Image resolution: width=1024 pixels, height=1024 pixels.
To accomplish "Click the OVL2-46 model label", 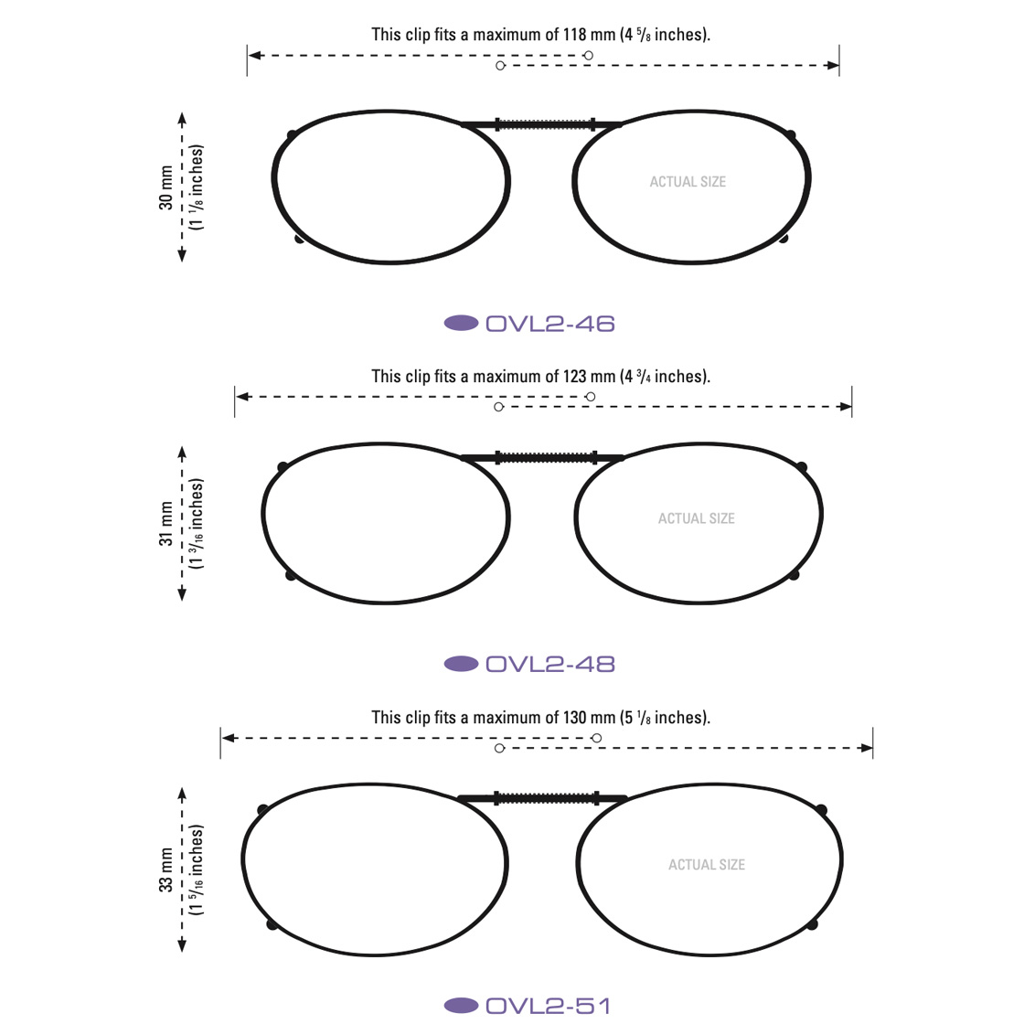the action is coord(549,324).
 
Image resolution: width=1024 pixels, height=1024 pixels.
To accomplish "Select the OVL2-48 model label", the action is coord(549,664).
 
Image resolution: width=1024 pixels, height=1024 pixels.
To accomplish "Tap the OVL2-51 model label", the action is coord(548,1006).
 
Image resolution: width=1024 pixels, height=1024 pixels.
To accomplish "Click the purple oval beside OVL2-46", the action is coord(461,323).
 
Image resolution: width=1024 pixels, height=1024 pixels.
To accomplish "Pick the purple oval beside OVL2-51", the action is coord(461,1006).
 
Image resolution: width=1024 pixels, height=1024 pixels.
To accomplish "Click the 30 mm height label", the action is coord(165,188).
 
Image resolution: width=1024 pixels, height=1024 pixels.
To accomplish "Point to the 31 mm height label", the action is coord(165,524).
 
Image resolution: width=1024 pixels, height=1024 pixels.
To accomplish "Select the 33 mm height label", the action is coord(165,869).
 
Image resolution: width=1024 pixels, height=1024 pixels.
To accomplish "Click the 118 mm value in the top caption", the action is coord(589,35).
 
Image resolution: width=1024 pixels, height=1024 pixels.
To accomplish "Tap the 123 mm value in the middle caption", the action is coord(589,377).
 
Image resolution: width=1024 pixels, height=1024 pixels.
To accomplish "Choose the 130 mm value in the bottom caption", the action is coord(589,718).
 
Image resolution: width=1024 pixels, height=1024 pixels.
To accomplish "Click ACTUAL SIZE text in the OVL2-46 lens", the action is coord(688,182).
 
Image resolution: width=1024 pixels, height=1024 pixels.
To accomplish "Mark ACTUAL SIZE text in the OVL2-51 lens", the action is coord(707,865).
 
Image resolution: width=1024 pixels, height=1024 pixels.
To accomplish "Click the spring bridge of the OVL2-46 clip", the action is coord(545,124).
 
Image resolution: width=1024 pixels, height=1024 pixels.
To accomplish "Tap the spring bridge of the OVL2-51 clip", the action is coord(548,798).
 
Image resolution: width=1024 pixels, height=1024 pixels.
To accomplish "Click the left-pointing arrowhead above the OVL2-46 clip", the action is coord(255,56).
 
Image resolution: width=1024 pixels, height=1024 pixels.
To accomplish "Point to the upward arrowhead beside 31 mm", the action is coord(182,452).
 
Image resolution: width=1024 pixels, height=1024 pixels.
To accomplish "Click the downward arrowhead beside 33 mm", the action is coord(182,945).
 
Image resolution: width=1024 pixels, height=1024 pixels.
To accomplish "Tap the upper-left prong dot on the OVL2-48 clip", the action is coord(283,467).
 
